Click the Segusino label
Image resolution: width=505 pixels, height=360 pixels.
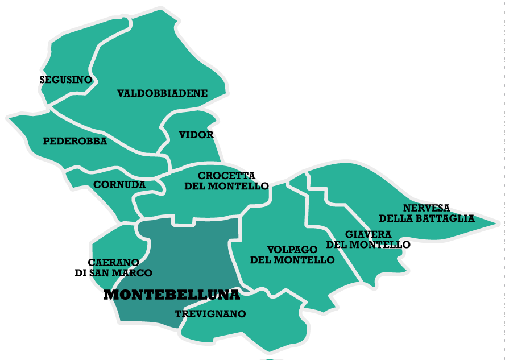tap(66, 80)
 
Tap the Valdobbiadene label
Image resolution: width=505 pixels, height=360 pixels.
tap(162, 93)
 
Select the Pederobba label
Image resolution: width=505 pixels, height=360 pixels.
tap(75, 142)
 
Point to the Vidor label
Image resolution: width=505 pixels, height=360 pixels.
tap(196, 135)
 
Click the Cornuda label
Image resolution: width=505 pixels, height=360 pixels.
tap(119, 185)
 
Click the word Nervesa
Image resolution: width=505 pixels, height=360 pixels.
tap(427, 208)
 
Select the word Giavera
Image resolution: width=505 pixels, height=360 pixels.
tap(368, 234)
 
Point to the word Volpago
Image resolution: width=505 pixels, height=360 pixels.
tap(292, 250)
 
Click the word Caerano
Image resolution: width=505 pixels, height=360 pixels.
tap(114, 262)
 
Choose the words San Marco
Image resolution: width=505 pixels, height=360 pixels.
tap(121, 273)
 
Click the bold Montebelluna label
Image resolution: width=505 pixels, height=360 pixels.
tap(172, 295)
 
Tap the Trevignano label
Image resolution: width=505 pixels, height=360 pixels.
tap(210, 314)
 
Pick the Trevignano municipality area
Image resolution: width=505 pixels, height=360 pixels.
tap(256, 330)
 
